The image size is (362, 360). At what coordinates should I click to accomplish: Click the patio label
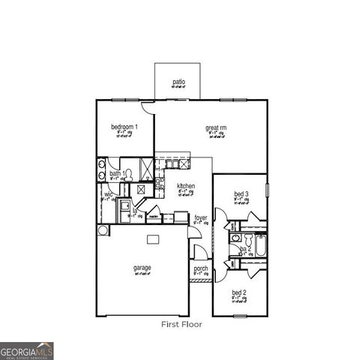pos(178,82)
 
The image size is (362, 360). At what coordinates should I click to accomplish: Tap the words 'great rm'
pos(217,128)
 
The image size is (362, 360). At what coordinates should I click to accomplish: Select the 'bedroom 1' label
pos(124,127)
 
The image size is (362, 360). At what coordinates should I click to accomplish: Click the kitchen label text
pos(186,186)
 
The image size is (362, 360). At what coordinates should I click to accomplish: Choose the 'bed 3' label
pos(241,196)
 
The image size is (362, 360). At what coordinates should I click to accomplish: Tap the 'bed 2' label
pos(238,292)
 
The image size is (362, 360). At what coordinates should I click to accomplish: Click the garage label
pos(142,268)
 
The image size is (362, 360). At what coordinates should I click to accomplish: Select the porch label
pos(201,268)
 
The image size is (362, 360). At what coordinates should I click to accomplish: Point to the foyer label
pos(201,218)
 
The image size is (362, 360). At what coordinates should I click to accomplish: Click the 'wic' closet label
pos(108,194)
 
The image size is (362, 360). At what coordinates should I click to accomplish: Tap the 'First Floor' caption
pos(182,325)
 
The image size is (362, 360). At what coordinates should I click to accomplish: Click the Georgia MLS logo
pos(27,350)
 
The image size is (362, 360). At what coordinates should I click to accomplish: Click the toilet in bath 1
pos(129,174)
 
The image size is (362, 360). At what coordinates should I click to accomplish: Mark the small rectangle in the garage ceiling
pos(153,239)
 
